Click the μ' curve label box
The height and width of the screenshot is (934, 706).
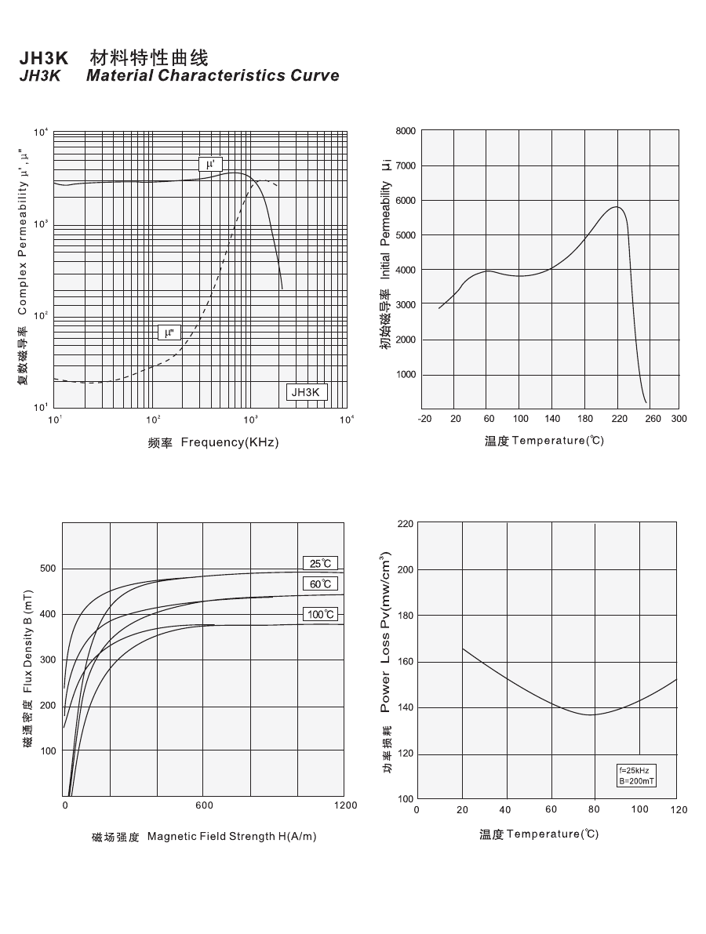click(x=211, y=165)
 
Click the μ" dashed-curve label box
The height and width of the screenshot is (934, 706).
click(x=169, y=333)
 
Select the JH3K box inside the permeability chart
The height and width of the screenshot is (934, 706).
click(x=306, y=392)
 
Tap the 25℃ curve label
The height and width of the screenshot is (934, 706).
click(x=320, y=563)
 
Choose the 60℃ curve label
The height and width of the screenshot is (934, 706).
click(x=320, y=583)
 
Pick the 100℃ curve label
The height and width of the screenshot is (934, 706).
click(x=320, y=614)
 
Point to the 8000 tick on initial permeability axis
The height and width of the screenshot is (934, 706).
click(x=406, y=131)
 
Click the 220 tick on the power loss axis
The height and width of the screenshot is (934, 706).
click(x=405, y=523)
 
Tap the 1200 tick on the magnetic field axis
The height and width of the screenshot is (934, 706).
click(x=345, y=805)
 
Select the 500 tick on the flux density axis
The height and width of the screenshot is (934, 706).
click(x=49, y=568)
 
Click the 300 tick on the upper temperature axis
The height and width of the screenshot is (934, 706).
click(x=679, y=419)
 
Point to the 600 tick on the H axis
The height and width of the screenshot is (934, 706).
click(x=204, y=805)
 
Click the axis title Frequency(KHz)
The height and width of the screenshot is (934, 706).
click(x=230, y=442)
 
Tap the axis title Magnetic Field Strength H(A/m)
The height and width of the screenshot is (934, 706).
click(x=232, y=837)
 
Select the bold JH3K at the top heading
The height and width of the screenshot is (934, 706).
click(x=45, y=59)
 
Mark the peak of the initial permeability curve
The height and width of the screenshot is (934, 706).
click(x=617, y=207)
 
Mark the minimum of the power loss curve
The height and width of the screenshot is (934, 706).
click(x=590, y=714)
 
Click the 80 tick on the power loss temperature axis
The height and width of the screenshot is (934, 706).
click(x=595, y=809)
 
